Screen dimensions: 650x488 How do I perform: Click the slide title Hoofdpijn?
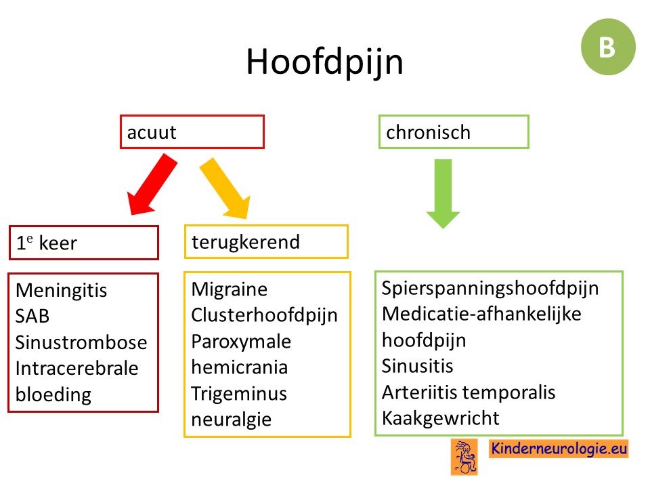(324, 62)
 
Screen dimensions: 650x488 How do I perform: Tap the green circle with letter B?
(608, 47)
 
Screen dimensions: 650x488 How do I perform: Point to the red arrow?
(152, 184)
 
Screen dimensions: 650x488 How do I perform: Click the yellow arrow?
(225, 188)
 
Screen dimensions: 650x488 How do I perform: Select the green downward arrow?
(443, 194)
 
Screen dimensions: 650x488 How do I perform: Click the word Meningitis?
(62, 291)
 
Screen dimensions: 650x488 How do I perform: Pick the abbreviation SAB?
(32, 317)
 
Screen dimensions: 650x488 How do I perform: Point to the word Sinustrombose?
(81, 342)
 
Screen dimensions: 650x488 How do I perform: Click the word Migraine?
(230, 289)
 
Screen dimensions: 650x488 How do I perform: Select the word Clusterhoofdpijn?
(265, 315)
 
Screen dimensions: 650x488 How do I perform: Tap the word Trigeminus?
(239, 393)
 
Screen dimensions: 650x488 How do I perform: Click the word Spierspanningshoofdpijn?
(490, 289)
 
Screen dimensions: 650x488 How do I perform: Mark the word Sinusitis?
(418, 366)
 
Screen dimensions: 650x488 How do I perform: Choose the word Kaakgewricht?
(441, 418)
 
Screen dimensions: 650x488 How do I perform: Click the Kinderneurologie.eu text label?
(559, 449)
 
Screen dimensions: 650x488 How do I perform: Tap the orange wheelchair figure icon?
(464, 457)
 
